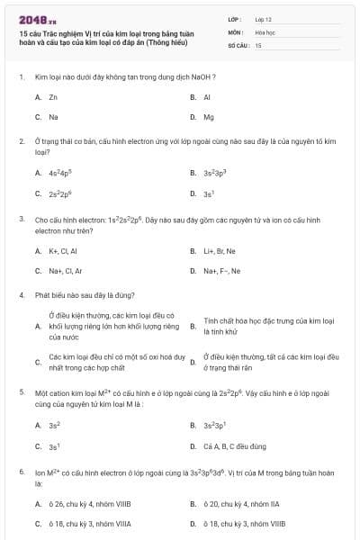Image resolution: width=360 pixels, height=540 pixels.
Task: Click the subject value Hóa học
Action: point(265,31)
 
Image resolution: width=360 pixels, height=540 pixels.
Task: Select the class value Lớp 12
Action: point(264,19)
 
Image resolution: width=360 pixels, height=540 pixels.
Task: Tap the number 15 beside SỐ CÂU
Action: point(258,44)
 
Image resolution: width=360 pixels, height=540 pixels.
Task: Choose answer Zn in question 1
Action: point(53,96)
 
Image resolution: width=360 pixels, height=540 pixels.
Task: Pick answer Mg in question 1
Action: point(208,117)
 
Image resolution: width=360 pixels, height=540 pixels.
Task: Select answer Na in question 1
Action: point(53,117)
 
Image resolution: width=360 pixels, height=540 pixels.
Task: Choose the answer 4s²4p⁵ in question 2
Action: point(60,173)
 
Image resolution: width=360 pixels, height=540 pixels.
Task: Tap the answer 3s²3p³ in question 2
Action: point(216,173)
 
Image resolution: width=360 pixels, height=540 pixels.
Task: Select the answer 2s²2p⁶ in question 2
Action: point(60,193)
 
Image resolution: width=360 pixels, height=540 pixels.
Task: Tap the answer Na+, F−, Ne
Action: point(222,270)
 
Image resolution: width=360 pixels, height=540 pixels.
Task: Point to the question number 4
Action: point(21,294)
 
